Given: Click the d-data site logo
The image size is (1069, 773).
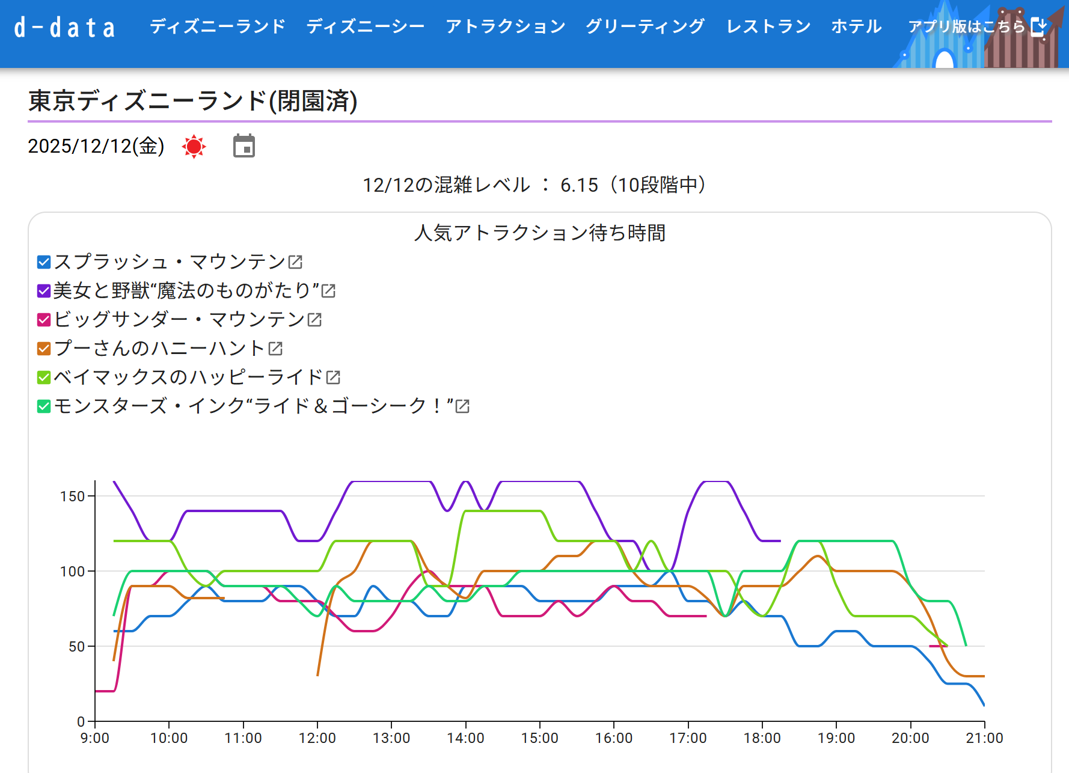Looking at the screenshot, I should pos(64,28).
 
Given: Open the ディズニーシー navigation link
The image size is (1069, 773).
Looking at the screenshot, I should pos(365,26).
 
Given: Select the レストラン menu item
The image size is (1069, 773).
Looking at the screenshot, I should pos(768,26).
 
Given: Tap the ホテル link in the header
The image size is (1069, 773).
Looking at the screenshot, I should pos(856,26).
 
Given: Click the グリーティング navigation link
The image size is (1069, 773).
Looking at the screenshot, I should pos(645,26).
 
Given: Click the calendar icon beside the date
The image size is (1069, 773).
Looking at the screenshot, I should pos(244,146).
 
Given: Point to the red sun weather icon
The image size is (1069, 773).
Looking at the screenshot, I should pos(194,147).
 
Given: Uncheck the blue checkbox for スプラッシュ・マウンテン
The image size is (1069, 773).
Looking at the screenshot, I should pos(44,262).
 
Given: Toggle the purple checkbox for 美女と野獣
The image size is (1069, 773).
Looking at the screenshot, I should pos(44,291).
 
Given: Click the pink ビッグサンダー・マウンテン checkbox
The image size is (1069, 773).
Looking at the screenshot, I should pos(44,320).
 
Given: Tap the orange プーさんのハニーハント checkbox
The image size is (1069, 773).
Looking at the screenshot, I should pos(44,349).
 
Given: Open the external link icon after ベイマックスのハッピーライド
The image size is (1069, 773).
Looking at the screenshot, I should pos(333,377).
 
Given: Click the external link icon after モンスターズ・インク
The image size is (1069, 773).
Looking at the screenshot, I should pos(462,406).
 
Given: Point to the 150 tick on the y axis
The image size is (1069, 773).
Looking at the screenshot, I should pos(72,496).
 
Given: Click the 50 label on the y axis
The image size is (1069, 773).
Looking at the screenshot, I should pos(76,647).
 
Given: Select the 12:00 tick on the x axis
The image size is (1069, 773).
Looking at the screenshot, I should pos(317,738).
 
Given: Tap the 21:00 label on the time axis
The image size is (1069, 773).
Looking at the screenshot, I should pos(984,738).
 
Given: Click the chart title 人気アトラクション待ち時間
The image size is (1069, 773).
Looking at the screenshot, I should pos(539,233).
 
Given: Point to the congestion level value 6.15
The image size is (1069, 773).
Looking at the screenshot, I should pos(579,185).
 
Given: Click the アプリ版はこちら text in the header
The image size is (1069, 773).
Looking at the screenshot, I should pos(966,26).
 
